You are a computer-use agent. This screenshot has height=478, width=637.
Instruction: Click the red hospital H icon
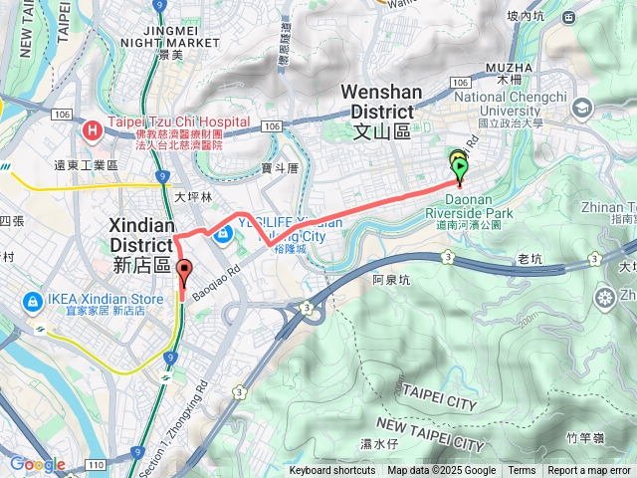(x=93, y=128)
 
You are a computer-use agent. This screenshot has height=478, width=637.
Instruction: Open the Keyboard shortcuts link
(x=332, y=471)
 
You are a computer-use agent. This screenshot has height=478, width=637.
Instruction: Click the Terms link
(x=522, y=471)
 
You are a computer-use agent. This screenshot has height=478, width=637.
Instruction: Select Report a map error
(x=589, y=471)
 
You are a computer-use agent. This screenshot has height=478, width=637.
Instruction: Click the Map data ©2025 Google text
(x=441, y=471)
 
